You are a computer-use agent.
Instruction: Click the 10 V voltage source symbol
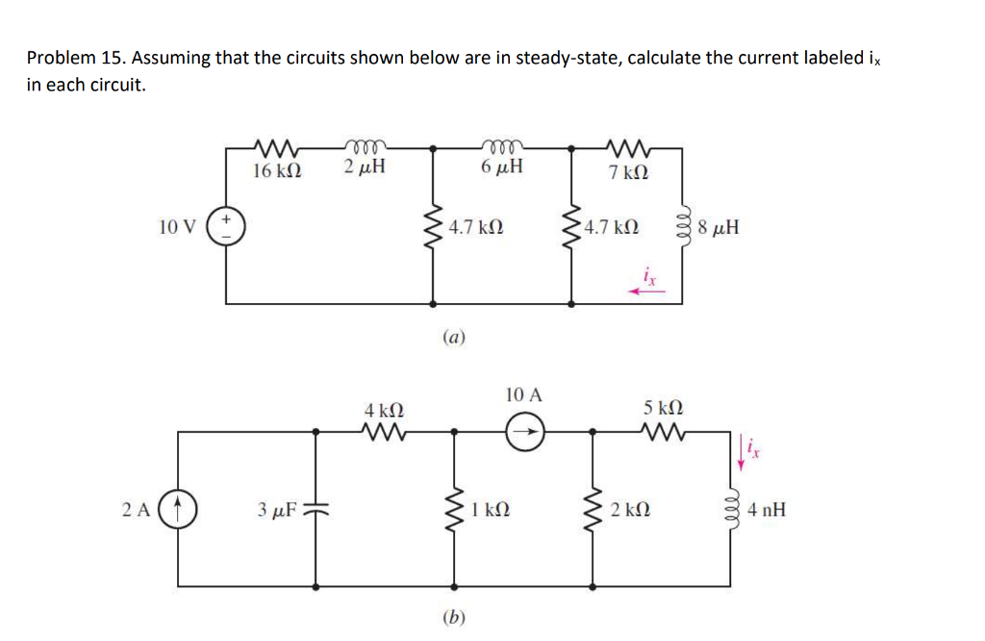coord(227,227)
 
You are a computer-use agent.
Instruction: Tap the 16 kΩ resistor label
coord(277,170)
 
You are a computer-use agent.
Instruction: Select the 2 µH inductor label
coord(365,168)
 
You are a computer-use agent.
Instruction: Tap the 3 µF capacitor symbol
coord(316,508)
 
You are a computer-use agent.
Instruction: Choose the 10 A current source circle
coord(525,433)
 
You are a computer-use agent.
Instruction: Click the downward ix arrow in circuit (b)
coord(742,452)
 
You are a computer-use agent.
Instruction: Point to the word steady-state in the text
coord(568,58)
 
